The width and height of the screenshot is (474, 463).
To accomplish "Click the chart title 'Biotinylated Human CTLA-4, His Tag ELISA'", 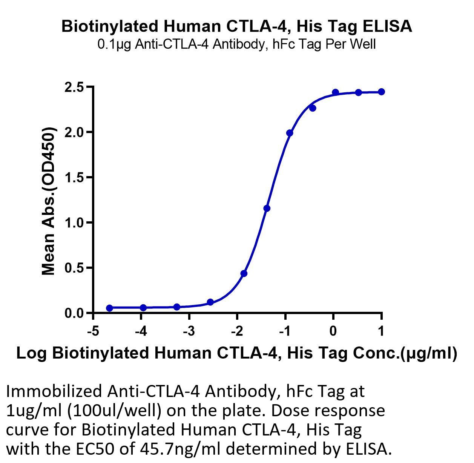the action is pyautogui.click(x=237, y=26).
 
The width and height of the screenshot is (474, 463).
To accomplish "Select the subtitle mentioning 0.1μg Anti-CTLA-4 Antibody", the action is pyautogui.click(x=236, y=44).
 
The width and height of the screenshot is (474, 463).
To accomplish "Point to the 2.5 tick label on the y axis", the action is pyautogui.click(x=74, y=87).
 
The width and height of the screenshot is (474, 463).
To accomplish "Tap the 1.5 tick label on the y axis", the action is pyautogui.click(x=74, y=178).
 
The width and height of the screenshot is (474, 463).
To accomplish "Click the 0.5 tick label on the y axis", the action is pyautogui.click(x=74, y=268).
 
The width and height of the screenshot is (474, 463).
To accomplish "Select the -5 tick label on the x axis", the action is pyautogui.click(x=94, y=331).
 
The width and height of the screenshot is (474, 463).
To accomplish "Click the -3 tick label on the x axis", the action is pyautogui.click(x=189, y=331).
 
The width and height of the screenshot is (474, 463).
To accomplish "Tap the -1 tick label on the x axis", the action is pyautogui.click(x=285, y=331).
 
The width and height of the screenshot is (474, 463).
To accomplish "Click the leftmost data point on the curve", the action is pyautogui.click(x=110, y=308).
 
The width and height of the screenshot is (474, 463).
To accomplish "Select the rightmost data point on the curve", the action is pyautogui.click(x=382, y=92).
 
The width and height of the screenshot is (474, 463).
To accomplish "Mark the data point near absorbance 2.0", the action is pyautogui.click(x=290, y=133).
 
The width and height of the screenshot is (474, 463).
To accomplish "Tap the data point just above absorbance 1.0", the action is pyautogui.click(x=267, y=209).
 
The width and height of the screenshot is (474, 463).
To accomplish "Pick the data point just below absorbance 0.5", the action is pyautogui.click(x=244, y=273).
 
